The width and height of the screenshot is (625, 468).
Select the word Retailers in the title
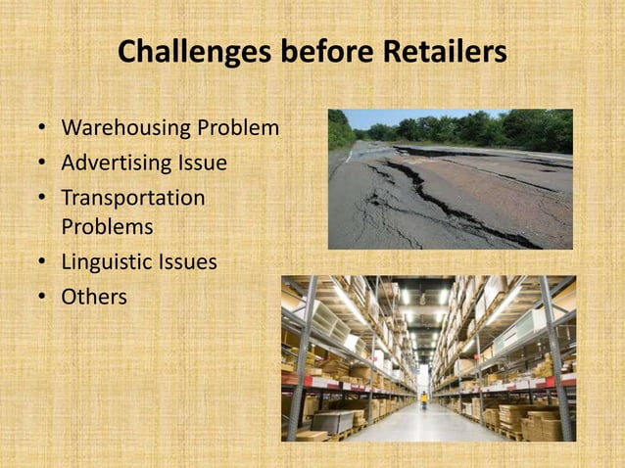pyautogui.click(x=444, y=52)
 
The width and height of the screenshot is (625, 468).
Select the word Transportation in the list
pyautogui.click(x=133, y=198)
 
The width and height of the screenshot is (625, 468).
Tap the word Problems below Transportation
pyautogui.click(x=107, y=226)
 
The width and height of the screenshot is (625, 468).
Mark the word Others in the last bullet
pyautogui.click(x=94, y=296)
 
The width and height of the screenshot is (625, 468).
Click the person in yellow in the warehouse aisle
pyautogui.click(x=424, y=399)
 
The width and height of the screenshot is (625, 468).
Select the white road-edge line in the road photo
pyautogui.click(x=348, y=154)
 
